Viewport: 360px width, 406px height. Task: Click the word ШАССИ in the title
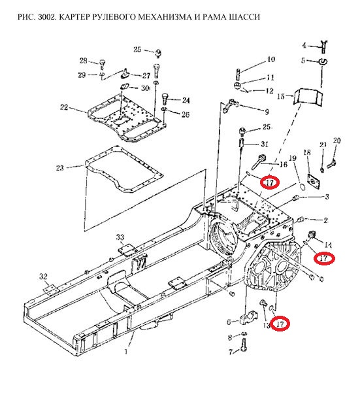coord(244,17)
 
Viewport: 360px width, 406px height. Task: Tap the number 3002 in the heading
coord(47,17)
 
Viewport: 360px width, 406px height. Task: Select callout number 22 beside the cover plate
coord(64,107)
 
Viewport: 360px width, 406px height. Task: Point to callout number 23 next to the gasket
coord(60,168)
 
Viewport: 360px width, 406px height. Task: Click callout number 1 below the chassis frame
coord(126,351)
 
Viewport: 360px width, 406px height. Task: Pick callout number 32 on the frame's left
coord(43,277)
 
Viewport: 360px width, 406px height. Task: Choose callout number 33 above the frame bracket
coord(120,237)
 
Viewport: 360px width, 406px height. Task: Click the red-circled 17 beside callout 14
coord(324,258)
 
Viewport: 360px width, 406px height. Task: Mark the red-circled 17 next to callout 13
coord(280,324)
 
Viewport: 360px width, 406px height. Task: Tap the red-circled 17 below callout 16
coord(269,182)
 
